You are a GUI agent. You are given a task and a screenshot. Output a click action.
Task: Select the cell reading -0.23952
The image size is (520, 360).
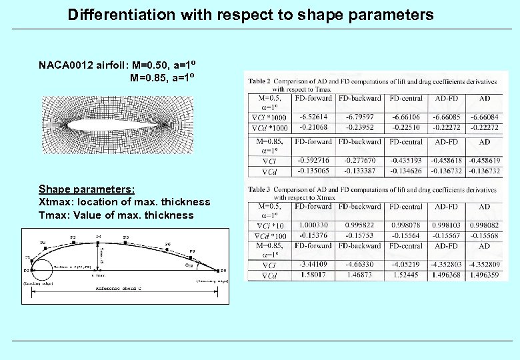360,127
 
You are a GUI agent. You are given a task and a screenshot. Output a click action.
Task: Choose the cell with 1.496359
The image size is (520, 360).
485,275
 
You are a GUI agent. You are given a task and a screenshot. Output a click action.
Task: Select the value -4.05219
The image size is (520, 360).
405,265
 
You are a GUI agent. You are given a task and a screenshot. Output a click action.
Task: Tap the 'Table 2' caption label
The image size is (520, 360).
259,81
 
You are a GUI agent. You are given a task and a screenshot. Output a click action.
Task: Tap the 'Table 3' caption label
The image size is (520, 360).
259,190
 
